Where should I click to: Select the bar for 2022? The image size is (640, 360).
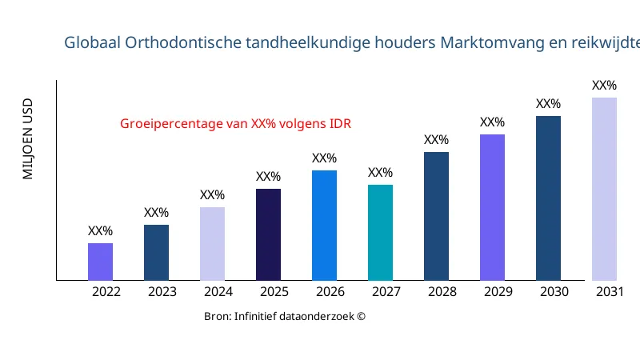100,262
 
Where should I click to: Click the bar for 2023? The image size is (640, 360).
156,253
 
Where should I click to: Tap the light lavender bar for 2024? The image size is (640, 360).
212,244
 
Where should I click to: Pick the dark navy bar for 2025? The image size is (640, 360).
268,234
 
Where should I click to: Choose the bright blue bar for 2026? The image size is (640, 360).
324,226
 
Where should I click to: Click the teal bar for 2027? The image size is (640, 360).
380,233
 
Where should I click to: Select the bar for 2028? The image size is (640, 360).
436,216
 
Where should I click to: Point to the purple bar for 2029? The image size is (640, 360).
492,207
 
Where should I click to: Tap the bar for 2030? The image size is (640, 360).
548,198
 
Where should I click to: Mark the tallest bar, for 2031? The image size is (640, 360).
604,189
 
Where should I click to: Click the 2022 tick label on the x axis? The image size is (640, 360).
106,292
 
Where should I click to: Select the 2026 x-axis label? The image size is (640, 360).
330,292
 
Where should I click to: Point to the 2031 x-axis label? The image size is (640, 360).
610,292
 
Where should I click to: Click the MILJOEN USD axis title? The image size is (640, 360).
28,139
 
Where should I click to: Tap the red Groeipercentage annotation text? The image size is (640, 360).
235,124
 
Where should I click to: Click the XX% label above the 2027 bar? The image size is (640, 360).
380,173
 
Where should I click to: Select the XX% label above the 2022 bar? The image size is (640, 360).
100,231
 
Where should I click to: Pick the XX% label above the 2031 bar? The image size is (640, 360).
604,86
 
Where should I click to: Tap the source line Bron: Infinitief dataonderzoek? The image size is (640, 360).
285,317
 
